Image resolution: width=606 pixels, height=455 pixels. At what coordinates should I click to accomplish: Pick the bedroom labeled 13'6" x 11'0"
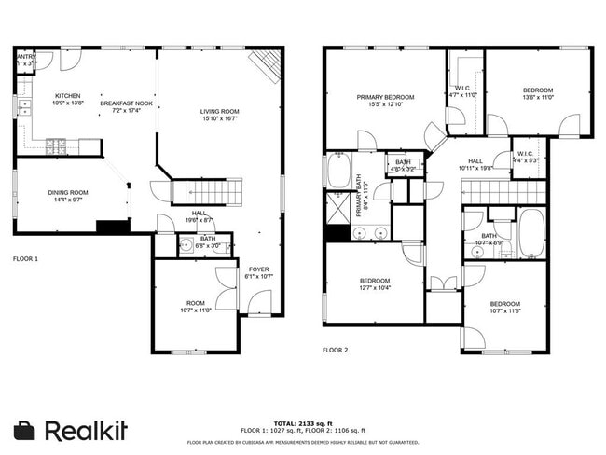click(538, 93)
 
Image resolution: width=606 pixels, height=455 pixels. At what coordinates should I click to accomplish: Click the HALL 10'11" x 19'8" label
click(475, 164)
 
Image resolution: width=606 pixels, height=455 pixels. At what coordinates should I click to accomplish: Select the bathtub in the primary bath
click(337, 172)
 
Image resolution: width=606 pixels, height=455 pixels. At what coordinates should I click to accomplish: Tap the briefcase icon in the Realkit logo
click(25, 430)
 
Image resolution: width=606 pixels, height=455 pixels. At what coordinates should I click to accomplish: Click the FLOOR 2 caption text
click(335, 350)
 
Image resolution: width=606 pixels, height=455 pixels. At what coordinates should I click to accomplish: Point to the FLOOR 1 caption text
click(25, 258)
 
